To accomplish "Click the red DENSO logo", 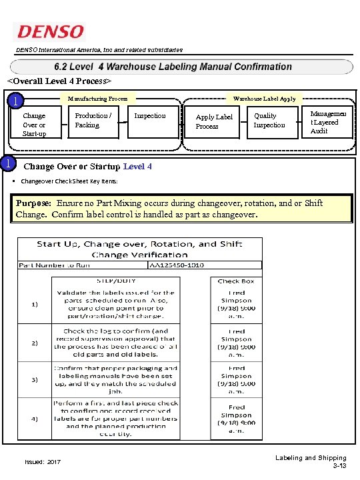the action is click(50, 31).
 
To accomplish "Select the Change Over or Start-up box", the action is click(35, 125).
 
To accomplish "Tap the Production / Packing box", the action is click(93, 120).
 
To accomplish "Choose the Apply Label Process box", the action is click(214, 121).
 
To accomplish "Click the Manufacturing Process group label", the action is click(97, 99).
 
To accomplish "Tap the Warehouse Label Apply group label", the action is click(265, 99).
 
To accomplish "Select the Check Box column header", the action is click(236, 281).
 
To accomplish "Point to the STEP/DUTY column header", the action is click(114, 281).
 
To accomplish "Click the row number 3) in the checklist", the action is click(34, 379).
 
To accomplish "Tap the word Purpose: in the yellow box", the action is click(34, 203).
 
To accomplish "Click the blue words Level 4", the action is click(137, 166).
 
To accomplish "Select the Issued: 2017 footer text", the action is click(43, 461).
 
